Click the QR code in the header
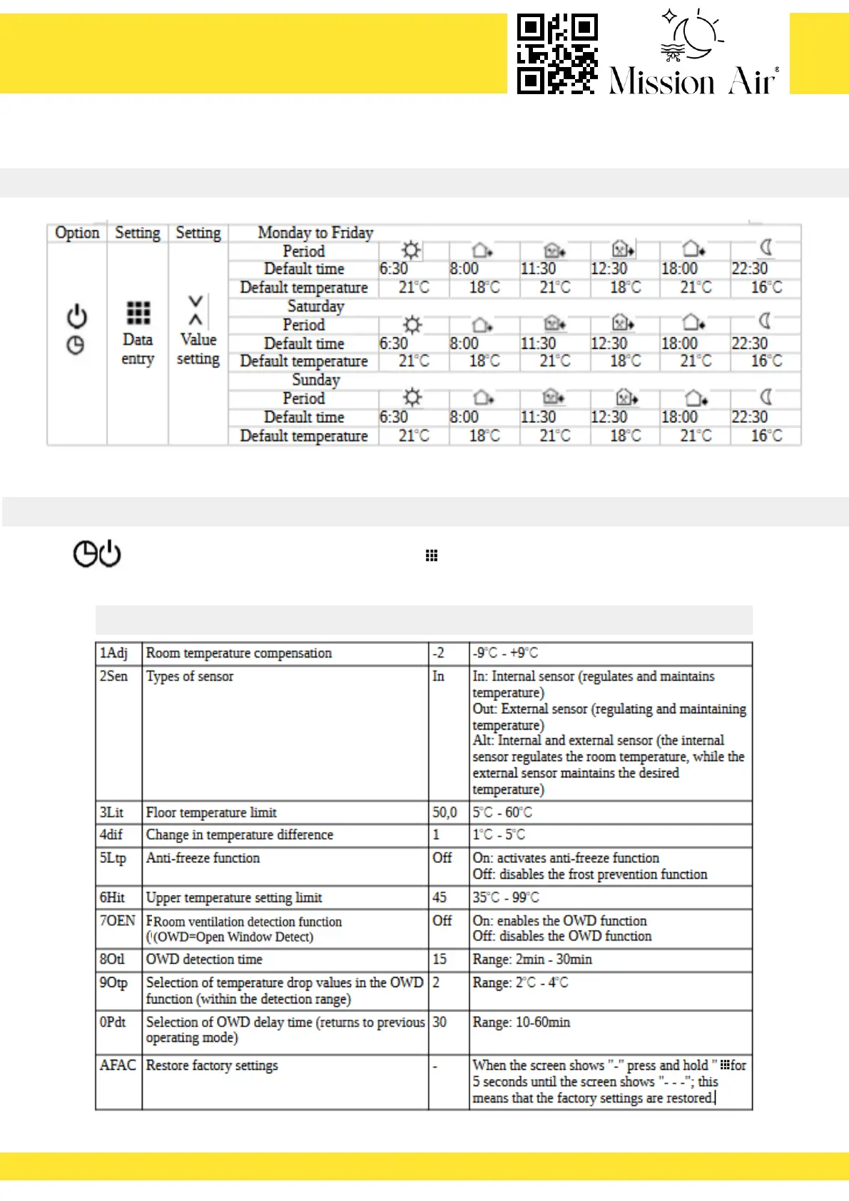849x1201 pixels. point(557,53)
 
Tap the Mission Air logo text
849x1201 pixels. point(692,81)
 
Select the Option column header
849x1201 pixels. point(77,233)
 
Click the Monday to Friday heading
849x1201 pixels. point(315,232)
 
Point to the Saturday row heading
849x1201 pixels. point(315,306)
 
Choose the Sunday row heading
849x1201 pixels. point(315,379)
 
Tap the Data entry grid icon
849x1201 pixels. point(138,312)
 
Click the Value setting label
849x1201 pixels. point(198,349)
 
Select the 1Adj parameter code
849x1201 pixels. point(113,653)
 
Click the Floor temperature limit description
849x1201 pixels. point(211,812)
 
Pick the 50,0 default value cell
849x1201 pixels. point(444,812)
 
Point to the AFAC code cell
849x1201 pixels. point(118,1065)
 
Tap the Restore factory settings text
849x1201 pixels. point(212,1065)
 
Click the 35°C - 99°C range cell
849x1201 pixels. point(506,897)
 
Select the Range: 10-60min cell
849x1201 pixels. point(521,1022)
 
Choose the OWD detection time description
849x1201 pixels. point(204,959)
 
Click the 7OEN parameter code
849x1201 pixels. point(117,921)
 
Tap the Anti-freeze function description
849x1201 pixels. point(203,858)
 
